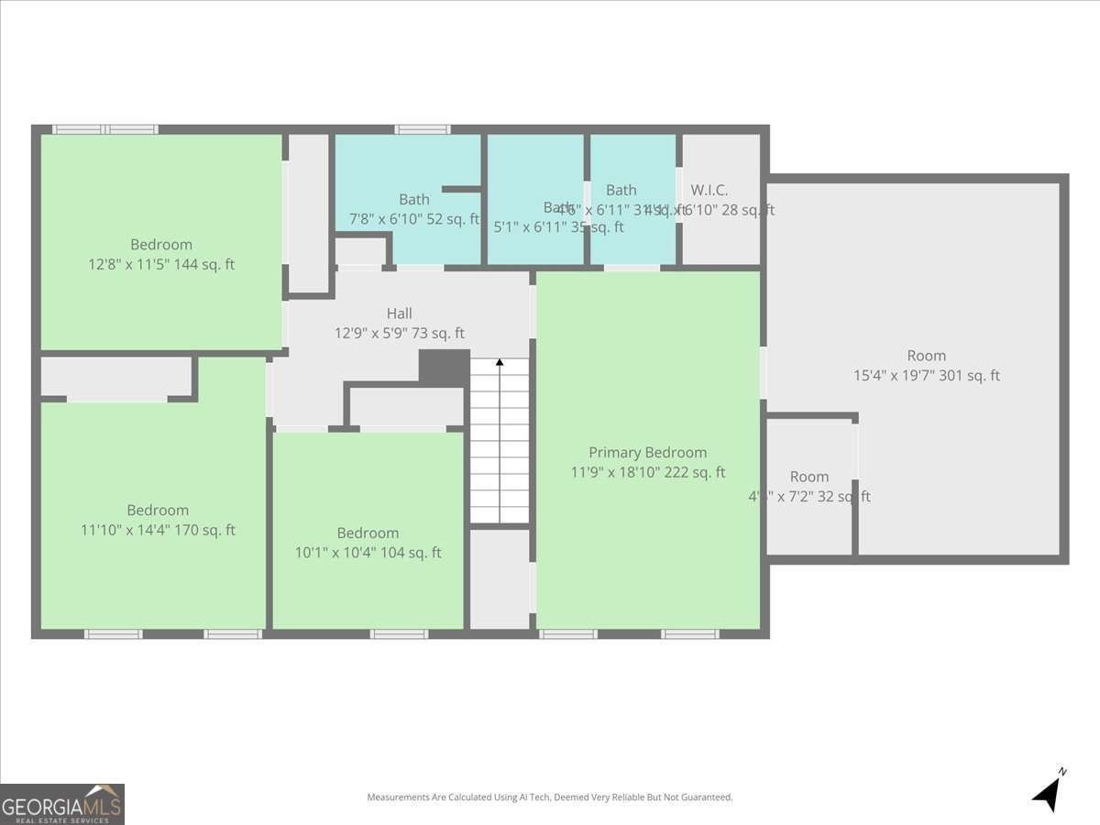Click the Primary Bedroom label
coord(647,453)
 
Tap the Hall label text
coord(399,313)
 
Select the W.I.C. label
coord(709,191)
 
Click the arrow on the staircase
coord(500,364)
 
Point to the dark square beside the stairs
coord(445,368)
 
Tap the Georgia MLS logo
coord(61,804)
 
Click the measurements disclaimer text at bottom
coord(550,797)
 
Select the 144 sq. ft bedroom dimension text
coord(161,265)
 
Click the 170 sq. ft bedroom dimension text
coord(158,530)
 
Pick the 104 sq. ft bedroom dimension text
coord(368,553)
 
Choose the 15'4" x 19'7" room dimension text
coord(926,376)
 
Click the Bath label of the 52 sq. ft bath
coord(413,199)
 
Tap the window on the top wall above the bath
coord(423,129)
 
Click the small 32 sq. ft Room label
coord(808,477)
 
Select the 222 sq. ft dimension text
coord(647,473)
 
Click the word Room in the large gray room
coord(926,356)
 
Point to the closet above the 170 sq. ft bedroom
coord(116,378)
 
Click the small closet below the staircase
coord(500,578)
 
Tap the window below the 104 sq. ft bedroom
coord(399,633)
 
